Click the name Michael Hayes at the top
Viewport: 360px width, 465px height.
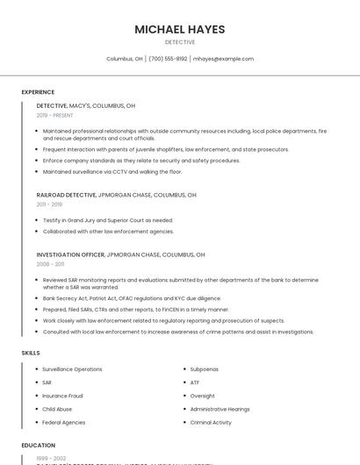click(179, 29)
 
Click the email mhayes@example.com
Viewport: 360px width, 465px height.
click(223, 59)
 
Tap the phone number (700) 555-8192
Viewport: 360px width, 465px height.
click(168, 59)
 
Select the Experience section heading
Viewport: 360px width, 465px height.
click(38, 92)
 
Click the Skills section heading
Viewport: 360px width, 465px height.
click(31, 353)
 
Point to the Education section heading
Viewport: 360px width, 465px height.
click(39, 445)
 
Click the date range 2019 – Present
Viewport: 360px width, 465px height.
click(54, 115)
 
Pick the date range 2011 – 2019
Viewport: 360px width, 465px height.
click(49, 204)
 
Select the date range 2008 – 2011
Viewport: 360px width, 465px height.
click(50, 264)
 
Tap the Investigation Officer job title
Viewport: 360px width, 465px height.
click(70, 254)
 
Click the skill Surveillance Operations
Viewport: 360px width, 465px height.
click(72, 369)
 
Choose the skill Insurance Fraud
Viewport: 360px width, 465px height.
click(62, 396)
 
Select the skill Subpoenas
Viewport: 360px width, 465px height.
click(205, 369)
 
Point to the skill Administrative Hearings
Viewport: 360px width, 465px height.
click(220, 409)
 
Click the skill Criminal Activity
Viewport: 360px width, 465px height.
click(211, 422)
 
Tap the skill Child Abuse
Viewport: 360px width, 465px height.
click(57, 409)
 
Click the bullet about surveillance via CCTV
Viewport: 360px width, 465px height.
click(112, 172)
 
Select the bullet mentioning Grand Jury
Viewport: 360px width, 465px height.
click(107, 220)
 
